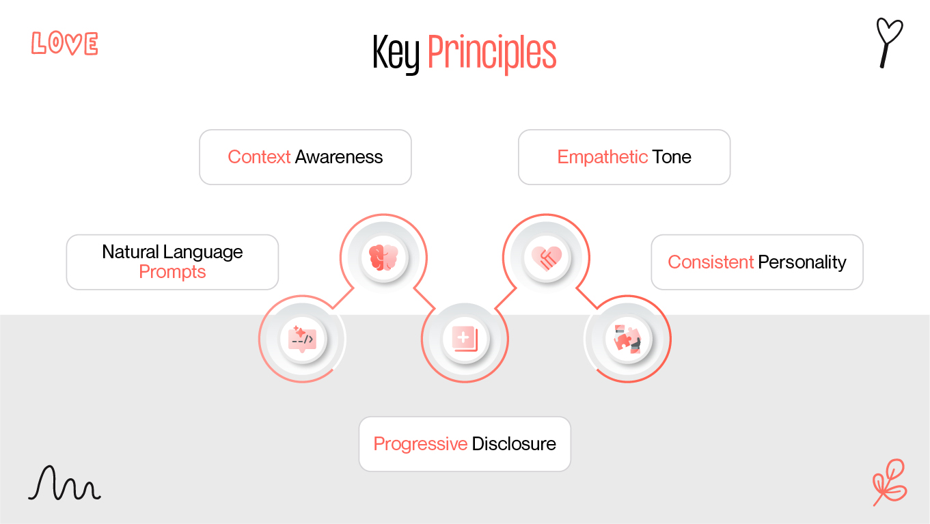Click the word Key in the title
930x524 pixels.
396,53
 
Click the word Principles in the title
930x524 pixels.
492,53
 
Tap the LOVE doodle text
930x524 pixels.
65,44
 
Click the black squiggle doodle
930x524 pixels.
64,484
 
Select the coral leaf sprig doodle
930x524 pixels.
890,482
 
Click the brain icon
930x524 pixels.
383,258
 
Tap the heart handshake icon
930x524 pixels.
547,258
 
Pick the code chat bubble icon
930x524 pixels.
302,338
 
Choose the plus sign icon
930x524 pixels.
465,338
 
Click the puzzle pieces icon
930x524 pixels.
627,338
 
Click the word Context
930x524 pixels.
259,157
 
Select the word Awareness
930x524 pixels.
339,157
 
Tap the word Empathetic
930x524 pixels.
602,157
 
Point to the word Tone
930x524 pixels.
672,157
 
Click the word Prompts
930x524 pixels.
172,272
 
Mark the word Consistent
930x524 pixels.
711,262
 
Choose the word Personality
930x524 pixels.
802,262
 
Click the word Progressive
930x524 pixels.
420,444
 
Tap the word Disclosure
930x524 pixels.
514,444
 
